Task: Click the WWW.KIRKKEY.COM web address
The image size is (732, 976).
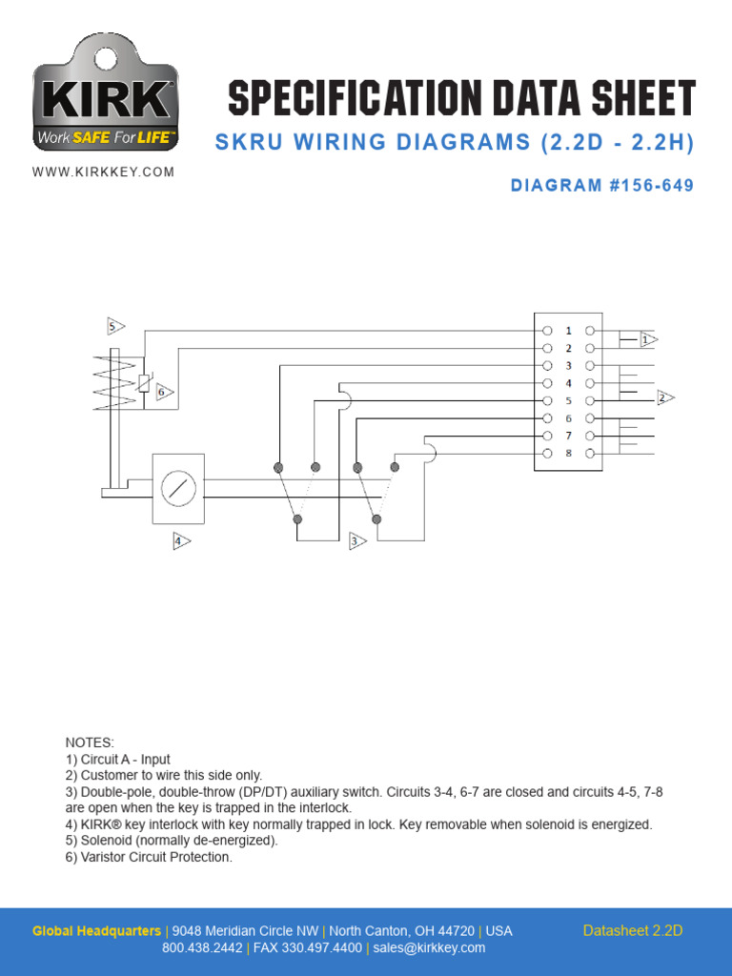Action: [x=104, y=173]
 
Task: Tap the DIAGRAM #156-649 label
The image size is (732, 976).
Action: [x=602, y=186]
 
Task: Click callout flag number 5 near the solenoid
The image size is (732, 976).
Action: [x=115, y=326]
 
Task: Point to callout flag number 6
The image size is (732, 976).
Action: [x=164, y=392]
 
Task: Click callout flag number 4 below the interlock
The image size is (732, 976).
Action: [x=180, y=541]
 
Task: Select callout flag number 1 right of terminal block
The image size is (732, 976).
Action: [x=647, y=338]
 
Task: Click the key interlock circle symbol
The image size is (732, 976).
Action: [x=178, y=489]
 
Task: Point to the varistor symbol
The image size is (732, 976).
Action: [x=143, y=383]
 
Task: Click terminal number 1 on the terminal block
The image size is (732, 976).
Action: [x=569, y=331]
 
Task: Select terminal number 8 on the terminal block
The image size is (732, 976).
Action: [x=569, y=453]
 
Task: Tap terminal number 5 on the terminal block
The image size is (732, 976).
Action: [x=569, y=400]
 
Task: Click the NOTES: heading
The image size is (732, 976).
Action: [x=89, y=742]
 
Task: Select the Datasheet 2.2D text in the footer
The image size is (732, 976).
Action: [x=633, y=931]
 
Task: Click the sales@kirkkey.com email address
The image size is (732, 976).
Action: [x=429, y=948]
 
